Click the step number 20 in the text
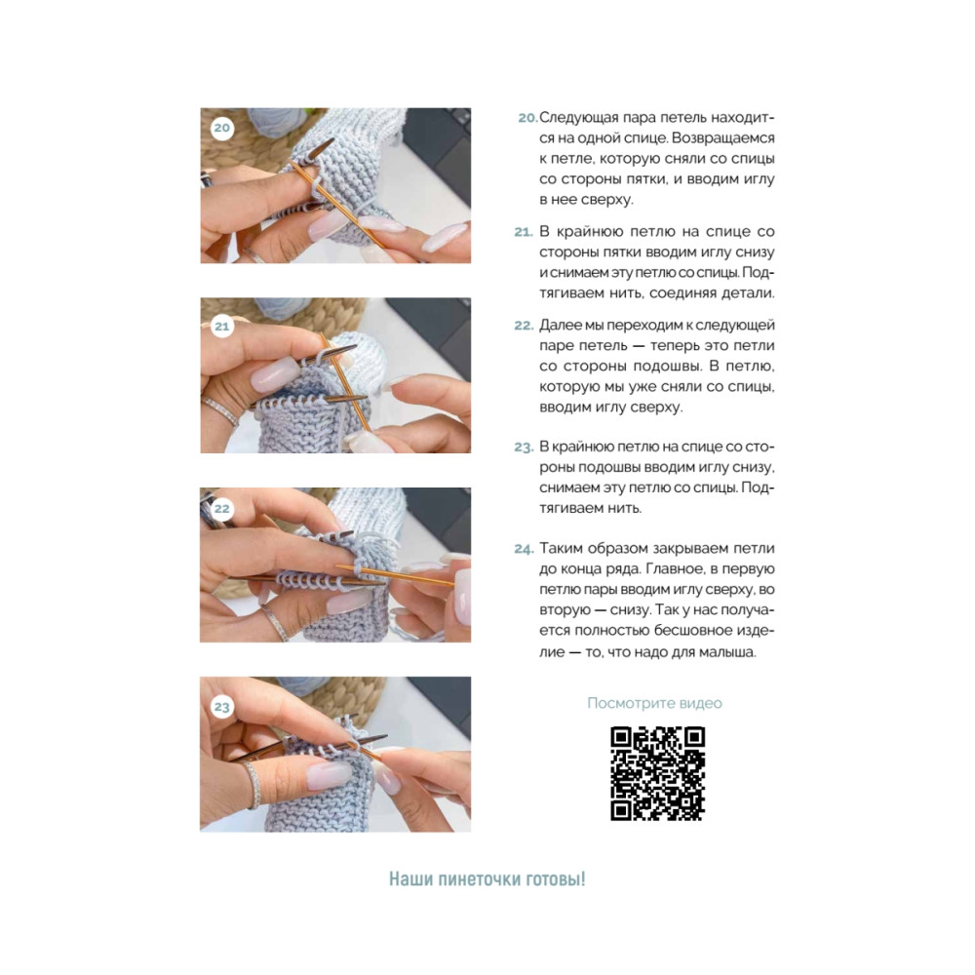(527, 118)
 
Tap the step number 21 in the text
(524, 232)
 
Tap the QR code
(658, 773)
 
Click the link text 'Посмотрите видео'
(655, 703)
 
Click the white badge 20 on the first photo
(221, 128)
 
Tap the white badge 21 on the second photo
(221, 327)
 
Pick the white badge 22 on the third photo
(221, 509)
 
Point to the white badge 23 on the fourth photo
(221, 707)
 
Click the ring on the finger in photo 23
(252, 784)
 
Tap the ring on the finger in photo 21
(220, 410)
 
